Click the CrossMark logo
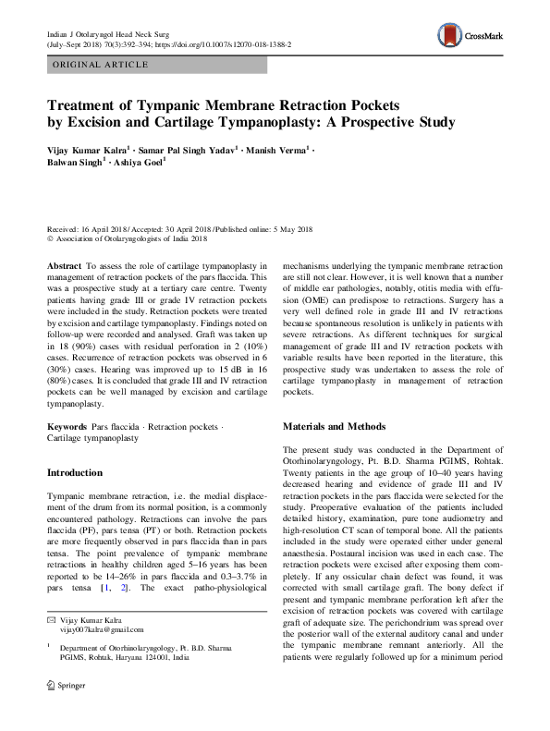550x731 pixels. point(474,37)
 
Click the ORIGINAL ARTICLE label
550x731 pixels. point(101,65)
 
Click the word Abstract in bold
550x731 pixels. point(65,264)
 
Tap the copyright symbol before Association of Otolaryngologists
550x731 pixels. point(50,238)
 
